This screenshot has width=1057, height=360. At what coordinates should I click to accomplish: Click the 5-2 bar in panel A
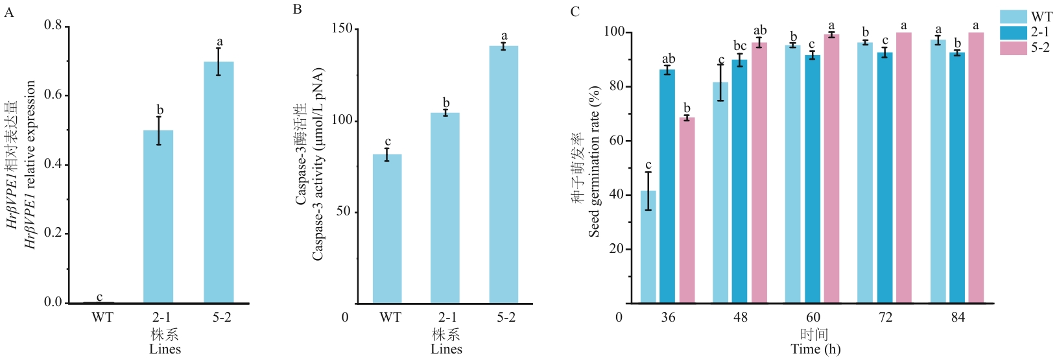(x=219, y=182)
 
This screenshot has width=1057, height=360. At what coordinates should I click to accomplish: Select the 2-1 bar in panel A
(x=158, y=217)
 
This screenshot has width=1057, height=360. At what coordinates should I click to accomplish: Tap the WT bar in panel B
(x=387, y=229)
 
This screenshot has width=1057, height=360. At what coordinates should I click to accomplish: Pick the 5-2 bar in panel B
(x=503, y=174)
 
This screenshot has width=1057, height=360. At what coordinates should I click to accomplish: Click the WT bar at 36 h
(x=648, y=246)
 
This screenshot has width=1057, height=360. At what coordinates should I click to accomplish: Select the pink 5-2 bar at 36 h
(x=687, y=210)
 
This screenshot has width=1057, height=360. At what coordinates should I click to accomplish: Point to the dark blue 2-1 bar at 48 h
(x=739, y=181)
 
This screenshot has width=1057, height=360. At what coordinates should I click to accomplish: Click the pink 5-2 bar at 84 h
(x=976, y=167)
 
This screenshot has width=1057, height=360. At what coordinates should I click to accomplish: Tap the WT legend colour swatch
(x=1013, y=16)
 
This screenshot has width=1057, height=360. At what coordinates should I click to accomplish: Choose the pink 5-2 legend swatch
(x=1013, y=48)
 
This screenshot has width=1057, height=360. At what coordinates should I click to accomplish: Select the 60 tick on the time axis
(x=813, y=317)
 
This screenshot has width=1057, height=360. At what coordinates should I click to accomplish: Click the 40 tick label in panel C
(x=616, y=195)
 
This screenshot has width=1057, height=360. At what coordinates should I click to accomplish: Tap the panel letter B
(x=297, y=10)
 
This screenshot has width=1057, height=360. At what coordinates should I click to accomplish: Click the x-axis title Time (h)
(x=816, y=349)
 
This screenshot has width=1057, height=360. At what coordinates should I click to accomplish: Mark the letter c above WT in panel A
(x=100, y=297)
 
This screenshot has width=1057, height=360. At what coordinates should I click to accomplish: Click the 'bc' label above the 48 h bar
(x=740, y=46)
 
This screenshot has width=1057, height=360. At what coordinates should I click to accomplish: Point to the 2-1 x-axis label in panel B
(x=445, y=317)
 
